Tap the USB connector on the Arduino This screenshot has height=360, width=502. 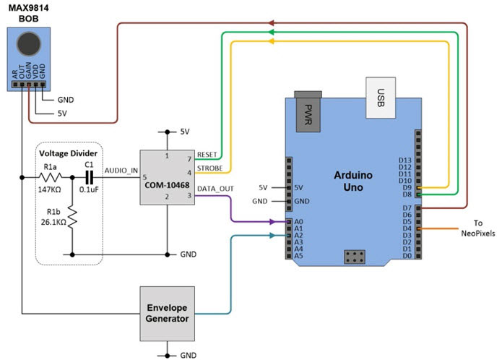[x=381, y=95]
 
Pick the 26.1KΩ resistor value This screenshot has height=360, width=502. [x=53, y=223]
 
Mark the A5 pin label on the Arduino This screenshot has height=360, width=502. [x=299, y=256]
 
